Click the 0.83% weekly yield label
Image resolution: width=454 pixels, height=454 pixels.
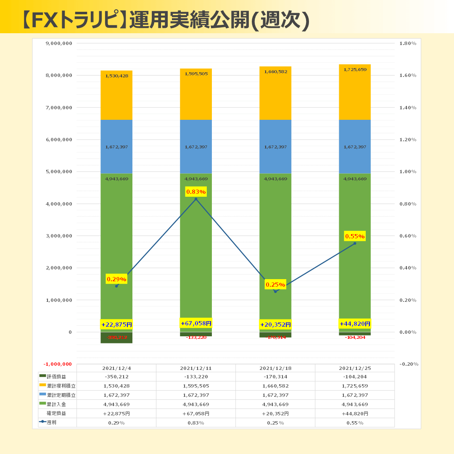[196, 192]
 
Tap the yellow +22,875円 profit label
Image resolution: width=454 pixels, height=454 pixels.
[116, 325]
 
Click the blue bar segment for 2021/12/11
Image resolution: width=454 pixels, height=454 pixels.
[196, 147]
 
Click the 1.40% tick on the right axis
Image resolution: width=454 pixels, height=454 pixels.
[407, 108]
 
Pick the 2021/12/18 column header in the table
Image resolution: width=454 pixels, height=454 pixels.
[275, 368]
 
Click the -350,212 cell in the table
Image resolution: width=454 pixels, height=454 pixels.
[116, 377]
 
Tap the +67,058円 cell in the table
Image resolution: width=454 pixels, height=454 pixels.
[196, 413]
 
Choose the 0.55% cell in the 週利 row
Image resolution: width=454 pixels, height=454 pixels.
[355, 422]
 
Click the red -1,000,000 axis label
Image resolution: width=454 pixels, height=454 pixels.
[58, 364]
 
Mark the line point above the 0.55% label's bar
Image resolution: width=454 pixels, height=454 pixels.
[355, 243]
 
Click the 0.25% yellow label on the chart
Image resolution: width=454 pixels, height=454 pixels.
[275, 285]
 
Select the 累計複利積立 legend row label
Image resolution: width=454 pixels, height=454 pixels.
[61, 386]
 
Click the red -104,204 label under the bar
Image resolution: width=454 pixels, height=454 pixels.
[355, 338]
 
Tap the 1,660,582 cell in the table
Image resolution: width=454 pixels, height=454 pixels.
[275, 386]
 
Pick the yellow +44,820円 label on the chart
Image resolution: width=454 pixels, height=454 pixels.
[355, 324]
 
